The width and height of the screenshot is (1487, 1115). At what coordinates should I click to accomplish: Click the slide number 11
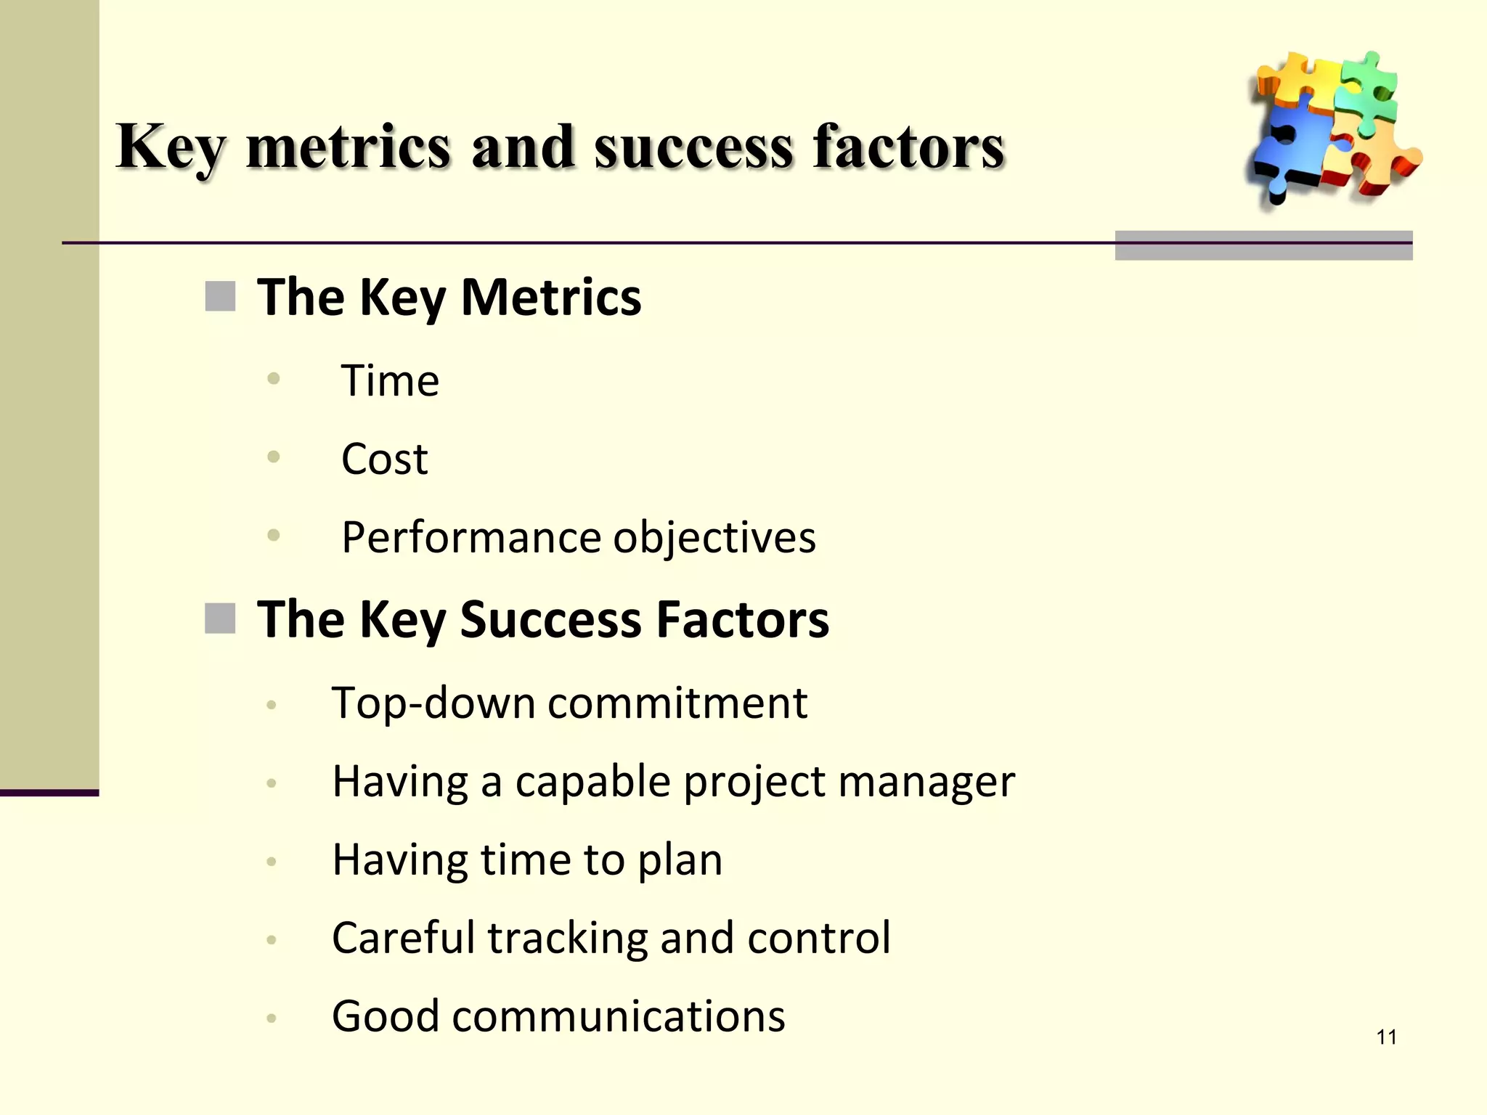coord(1386,1037)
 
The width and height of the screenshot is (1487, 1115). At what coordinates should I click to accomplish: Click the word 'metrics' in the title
coord(349,147)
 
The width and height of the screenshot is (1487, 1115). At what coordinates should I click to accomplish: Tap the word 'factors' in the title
coord(908,147)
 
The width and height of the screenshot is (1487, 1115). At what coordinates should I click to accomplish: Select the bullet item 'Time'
coord(390,380)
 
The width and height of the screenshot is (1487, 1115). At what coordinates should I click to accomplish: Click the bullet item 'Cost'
coord(384,459)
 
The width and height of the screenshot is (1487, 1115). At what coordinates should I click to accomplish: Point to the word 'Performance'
coord(470,538)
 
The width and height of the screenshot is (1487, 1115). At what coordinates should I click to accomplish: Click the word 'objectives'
coord(714,538)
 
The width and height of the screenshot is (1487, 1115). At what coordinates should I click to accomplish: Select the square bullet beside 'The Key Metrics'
coord(220,297)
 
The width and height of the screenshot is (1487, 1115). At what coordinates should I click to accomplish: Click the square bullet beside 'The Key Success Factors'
coord(220,618)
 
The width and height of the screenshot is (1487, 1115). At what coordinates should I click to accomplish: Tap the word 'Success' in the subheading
coord(550,620)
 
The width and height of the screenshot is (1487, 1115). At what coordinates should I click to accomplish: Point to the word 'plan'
coord(680,861)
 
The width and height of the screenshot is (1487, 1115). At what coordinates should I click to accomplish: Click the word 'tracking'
coord(567,938)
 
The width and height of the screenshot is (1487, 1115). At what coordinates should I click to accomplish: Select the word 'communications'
coord(618,1016)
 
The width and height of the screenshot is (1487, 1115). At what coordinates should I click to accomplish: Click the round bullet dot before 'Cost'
coord(274,457)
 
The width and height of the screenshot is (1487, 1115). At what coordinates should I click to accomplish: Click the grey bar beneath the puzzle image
coord(1263,245)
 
